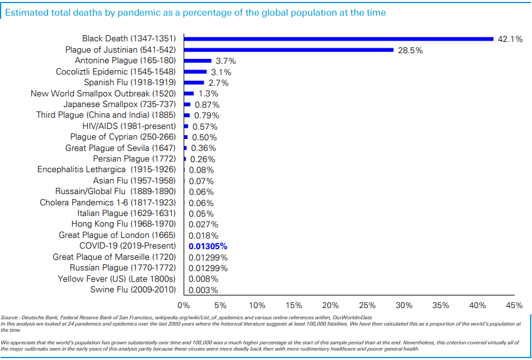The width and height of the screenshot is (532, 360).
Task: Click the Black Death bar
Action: [338, 39]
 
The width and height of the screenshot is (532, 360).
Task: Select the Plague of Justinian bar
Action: [288, 50]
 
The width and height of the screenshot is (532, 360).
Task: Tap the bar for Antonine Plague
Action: [197, 61]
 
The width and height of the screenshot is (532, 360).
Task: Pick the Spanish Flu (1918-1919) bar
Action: [194, 83]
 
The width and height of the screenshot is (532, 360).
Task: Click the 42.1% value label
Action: [510, 39]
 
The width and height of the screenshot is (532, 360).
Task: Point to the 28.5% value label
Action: [410, 50]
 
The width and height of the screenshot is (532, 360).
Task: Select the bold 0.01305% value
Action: [207, 246]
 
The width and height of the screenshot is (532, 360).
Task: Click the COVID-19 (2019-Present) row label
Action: [127, 246]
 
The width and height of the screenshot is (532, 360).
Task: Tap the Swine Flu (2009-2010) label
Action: [133, 290]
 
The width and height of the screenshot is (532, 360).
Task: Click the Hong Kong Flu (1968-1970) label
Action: [123, 224]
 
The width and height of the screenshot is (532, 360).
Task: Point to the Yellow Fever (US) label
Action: [117, 279]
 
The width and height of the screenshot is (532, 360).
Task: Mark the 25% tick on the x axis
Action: [367, 306]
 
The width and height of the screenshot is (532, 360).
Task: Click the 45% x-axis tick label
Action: [514, 306]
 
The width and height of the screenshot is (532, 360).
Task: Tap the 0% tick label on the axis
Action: [184, 306]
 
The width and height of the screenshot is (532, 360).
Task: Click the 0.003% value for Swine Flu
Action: [203, 290]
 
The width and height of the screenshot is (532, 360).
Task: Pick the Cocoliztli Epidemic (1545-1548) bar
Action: [196, 72]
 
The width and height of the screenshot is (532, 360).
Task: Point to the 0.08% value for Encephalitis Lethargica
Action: [201, 170]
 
